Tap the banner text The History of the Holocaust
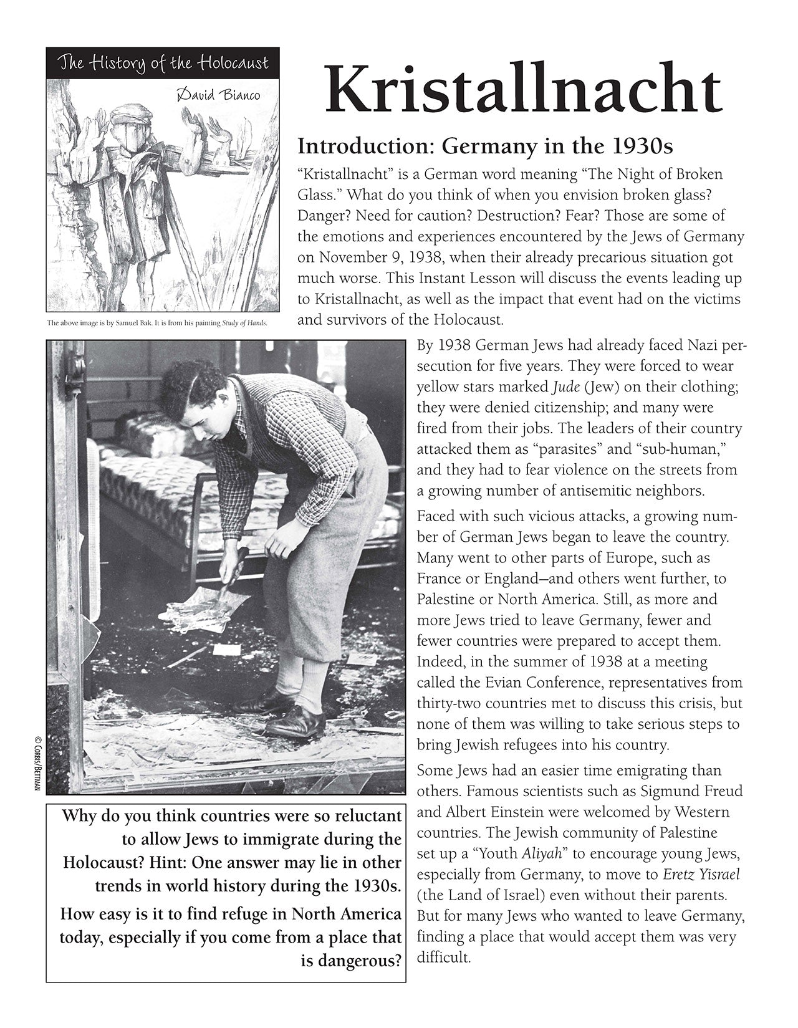(x=163, y=63)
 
